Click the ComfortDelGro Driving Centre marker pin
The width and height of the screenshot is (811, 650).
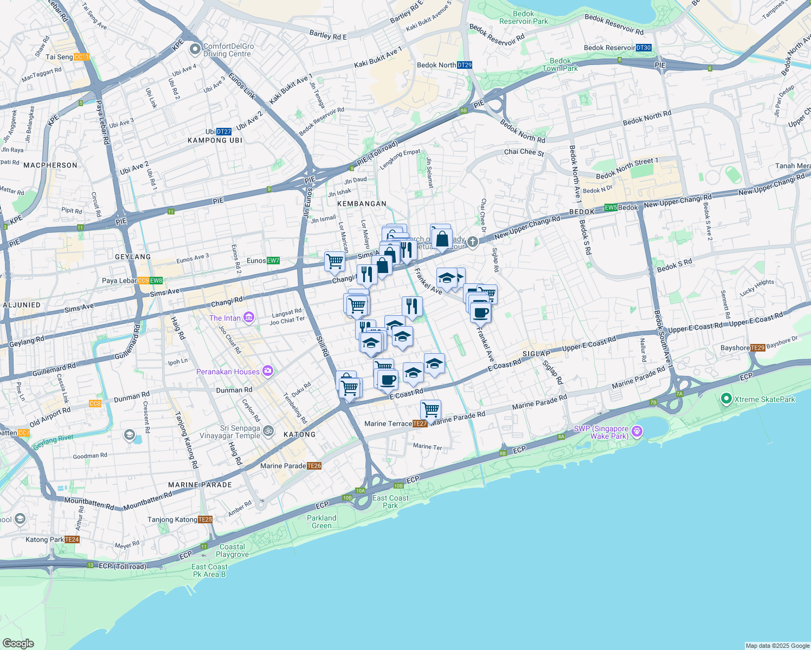[x=195, y=49]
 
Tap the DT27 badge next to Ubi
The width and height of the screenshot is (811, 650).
[x=224, y=132]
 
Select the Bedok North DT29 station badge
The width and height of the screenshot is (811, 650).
[x=465, y=65]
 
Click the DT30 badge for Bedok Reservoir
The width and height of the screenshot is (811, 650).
[x=643, y=48]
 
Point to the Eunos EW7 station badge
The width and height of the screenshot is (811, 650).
[x=273, y=261]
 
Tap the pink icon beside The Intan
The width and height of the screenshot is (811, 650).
[x=249, y=317]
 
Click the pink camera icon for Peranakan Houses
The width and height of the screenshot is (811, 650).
[x=267, y=371]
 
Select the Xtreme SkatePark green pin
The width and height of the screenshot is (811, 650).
[x=726, y=399]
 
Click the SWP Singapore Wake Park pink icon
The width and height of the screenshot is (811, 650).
[x=637, y=431]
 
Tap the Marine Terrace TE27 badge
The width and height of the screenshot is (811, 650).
[x=420, y=424]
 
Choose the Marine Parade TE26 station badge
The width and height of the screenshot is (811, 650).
[x=314, y=466]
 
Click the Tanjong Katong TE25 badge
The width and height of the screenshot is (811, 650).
[x=205, y=519]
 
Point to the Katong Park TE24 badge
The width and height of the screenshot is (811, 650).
[x=72, y=539]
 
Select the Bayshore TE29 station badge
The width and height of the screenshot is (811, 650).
[x=758, y=348]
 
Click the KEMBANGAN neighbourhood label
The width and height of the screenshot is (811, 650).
[x=362, y=204]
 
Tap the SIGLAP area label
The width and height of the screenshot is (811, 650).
[x=536, y=354]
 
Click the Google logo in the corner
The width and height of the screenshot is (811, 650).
[x=18, y=643]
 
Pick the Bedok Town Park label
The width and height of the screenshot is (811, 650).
[x=560, y=65]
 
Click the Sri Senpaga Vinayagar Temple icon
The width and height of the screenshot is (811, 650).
[x=268, y=431]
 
